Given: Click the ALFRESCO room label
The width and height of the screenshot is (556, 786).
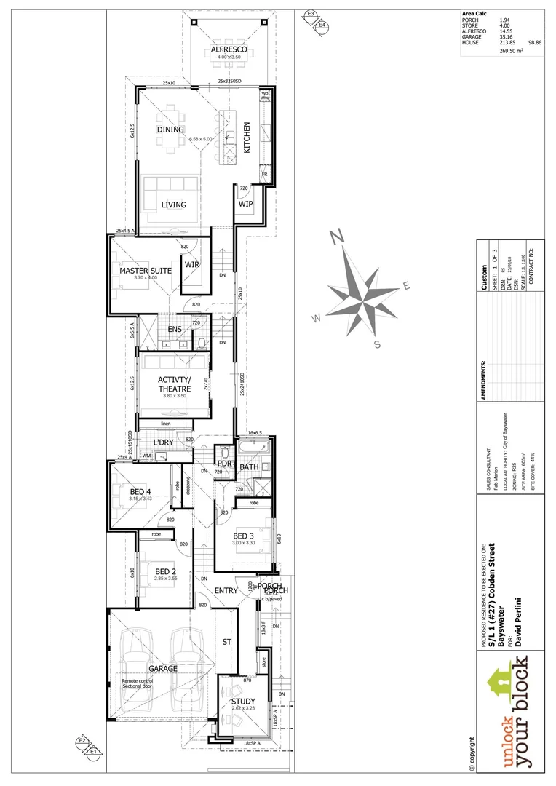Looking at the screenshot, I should pyautogui.click(x=229, y=49).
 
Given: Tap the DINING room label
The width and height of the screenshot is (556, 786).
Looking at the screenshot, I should pyautogui.click(x=170, y=130).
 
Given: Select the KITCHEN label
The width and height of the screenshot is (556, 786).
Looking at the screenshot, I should pyautogui.click(x=247, y=137).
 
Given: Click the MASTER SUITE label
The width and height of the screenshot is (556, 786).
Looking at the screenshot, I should pyautogui.click(x=146, y=271).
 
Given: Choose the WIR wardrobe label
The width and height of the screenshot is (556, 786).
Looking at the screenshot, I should pyautogui.click(x=192, y=264).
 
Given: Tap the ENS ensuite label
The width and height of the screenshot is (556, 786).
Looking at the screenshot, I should pyautogui.click(x=175, y=330).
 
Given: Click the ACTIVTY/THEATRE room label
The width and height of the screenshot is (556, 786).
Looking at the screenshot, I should pyautogui.click(x=175, y=384).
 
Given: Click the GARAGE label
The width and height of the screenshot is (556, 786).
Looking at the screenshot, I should pyautogui.click(x=163, y=667).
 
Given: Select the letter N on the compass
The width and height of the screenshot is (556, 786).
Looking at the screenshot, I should pyautogui.click(x=336, y=237).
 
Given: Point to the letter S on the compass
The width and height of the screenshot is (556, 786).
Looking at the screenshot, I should pyautogui.click(x=377, y=344).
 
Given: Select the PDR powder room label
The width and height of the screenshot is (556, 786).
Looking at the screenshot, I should pyautogui.click(x=224, y=463).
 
